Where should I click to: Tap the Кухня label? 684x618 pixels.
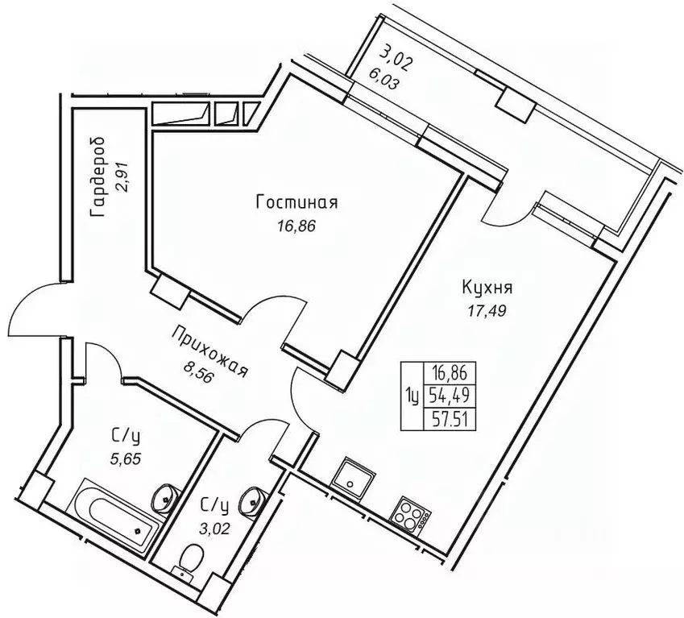click(x=488, y=287)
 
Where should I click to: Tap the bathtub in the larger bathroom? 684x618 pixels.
click(x=119, y=515)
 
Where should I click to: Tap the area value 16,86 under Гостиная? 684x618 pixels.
click(x=294, y=226)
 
